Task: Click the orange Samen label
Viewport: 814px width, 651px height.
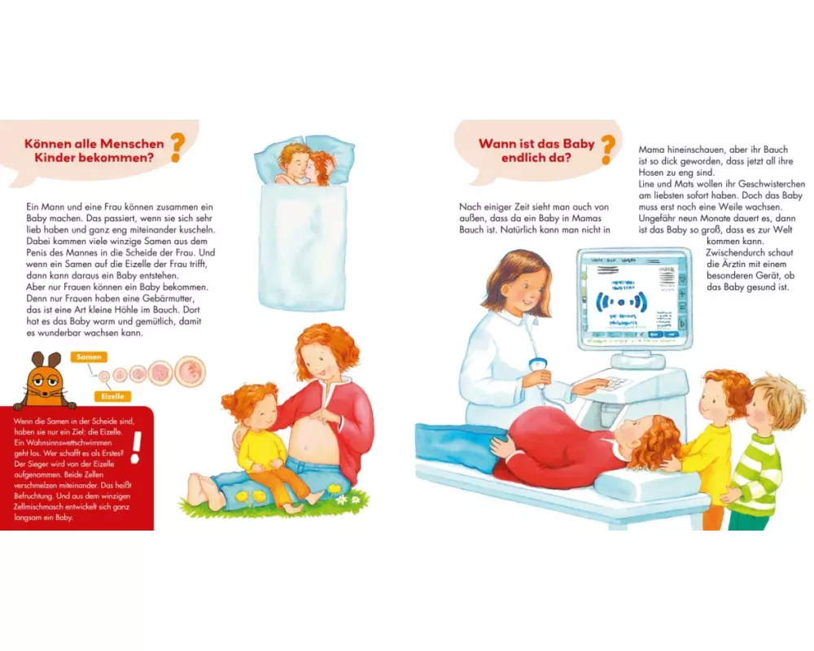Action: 89,357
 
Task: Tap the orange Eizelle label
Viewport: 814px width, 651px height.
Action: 112,396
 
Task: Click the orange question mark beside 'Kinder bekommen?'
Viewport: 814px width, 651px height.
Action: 177,147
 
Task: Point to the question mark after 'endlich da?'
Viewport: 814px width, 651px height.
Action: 608,150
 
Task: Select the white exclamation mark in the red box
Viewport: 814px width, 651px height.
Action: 136,447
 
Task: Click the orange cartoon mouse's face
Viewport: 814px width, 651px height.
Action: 45,382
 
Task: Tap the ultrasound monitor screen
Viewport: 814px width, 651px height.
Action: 634,299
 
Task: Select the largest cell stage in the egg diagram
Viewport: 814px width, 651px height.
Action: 190,372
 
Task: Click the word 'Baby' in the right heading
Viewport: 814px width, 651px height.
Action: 578,143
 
